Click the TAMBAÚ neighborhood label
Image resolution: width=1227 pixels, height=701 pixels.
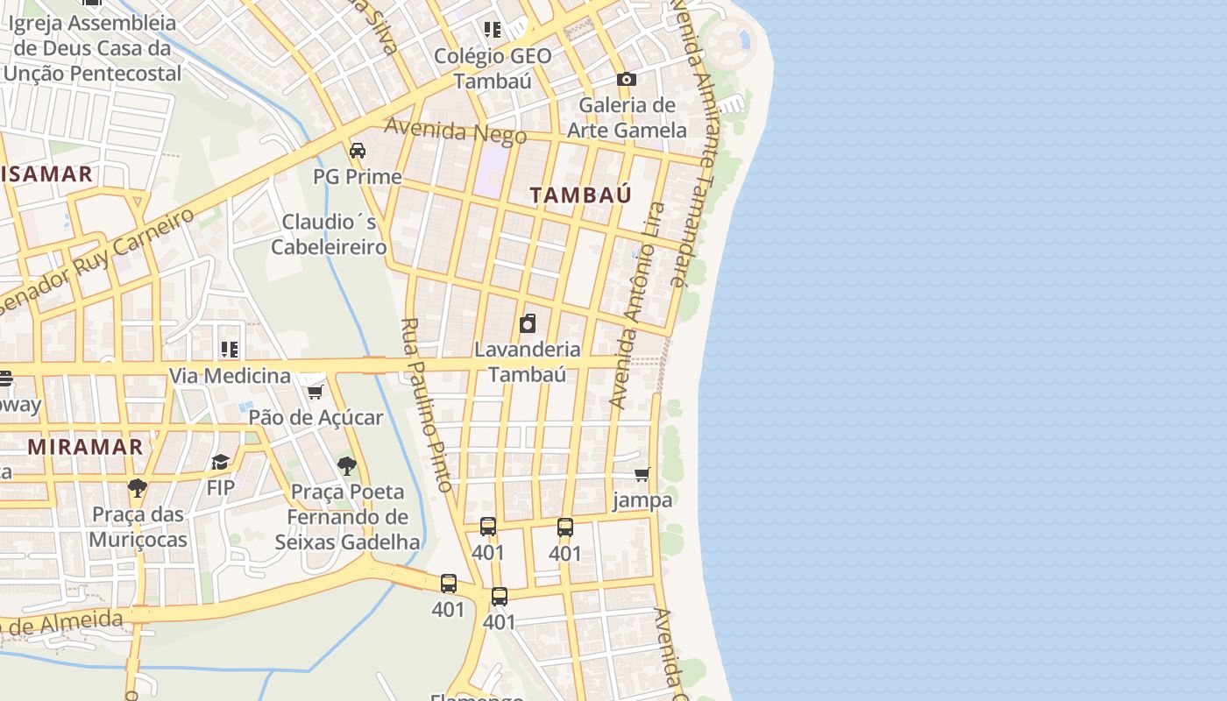point(581,195)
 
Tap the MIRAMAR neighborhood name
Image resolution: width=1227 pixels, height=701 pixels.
point(85,446)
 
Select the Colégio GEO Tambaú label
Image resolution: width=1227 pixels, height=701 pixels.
point(493,68)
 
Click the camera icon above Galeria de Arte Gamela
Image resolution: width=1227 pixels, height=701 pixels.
point(626,80)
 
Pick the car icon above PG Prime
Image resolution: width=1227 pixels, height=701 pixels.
point(358,151)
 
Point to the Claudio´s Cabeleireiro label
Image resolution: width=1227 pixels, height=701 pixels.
point(329,234)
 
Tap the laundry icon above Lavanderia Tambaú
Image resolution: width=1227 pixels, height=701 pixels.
point(528,323)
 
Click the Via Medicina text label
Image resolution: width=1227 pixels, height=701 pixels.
point(230,376)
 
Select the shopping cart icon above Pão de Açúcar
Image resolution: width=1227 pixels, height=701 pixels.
point(315,391)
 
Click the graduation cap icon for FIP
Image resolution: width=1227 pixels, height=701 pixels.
point(220,462)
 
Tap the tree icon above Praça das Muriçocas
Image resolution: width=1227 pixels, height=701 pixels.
point(137,487)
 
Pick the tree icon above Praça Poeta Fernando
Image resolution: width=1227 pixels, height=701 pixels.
point(347,465)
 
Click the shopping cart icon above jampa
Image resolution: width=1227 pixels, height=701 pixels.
point(642,474)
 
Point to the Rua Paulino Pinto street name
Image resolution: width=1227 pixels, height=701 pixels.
point(427,404)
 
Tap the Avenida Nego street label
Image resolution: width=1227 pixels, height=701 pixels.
point(456,131)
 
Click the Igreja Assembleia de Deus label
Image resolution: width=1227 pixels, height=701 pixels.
point(92,48)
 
